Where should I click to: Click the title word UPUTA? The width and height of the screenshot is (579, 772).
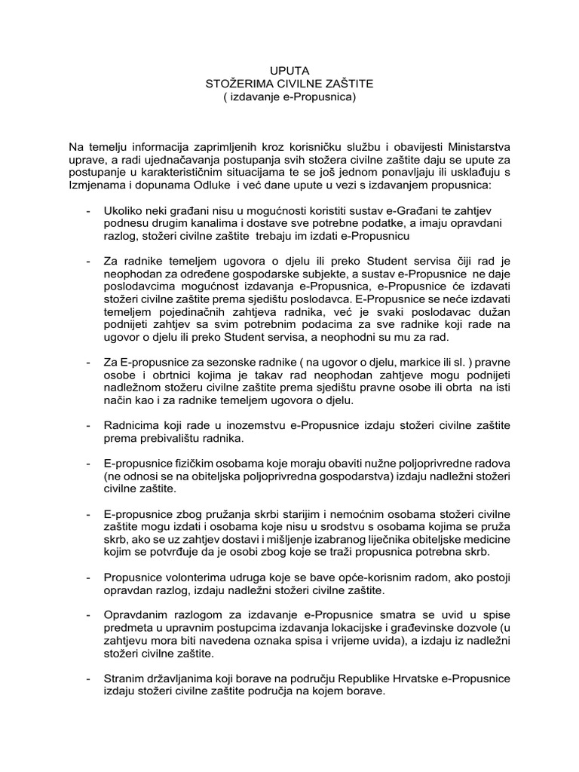[289, 70]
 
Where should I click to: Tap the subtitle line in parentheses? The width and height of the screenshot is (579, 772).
[289, 97]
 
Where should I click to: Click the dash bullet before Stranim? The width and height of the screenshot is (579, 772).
[90, 677]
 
